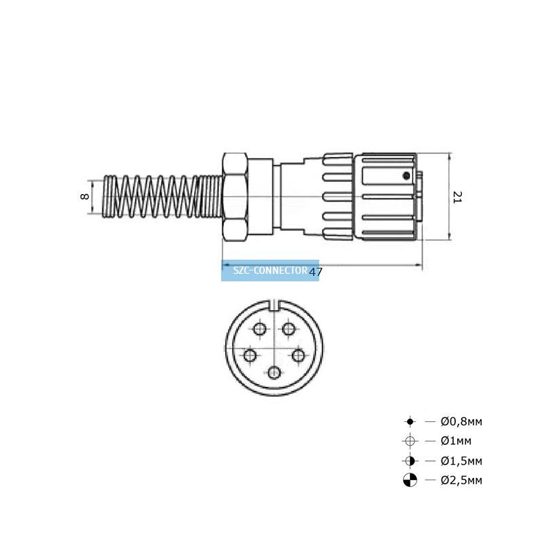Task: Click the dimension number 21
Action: coord(457,197)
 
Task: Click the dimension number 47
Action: coord(315,272)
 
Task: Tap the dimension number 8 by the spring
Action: coord(84,197)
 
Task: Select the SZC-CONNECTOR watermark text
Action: coord(270,270)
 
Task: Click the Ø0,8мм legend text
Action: coord(461,421)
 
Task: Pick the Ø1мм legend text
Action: coord(456,441)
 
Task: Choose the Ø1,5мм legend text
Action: coord(461,461)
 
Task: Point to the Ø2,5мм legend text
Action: coord(461,480)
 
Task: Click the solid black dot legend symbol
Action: coord(410,421)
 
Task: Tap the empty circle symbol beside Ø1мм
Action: coord(410,441)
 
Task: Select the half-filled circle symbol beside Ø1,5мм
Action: coord(410,461)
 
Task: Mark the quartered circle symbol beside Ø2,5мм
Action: coord(410,480)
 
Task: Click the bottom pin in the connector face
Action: coord(274,373)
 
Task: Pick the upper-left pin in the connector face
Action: coord(260,329)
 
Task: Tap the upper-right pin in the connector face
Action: coord(289,329)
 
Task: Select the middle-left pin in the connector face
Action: coord(250,356)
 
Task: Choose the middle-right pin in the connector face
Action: coord(298,356)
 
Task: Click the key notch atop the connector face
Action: coord(275,306)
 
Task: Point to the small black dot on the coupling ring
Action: coord(406,176)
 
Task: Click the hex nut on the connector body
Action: coord(235,197)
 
